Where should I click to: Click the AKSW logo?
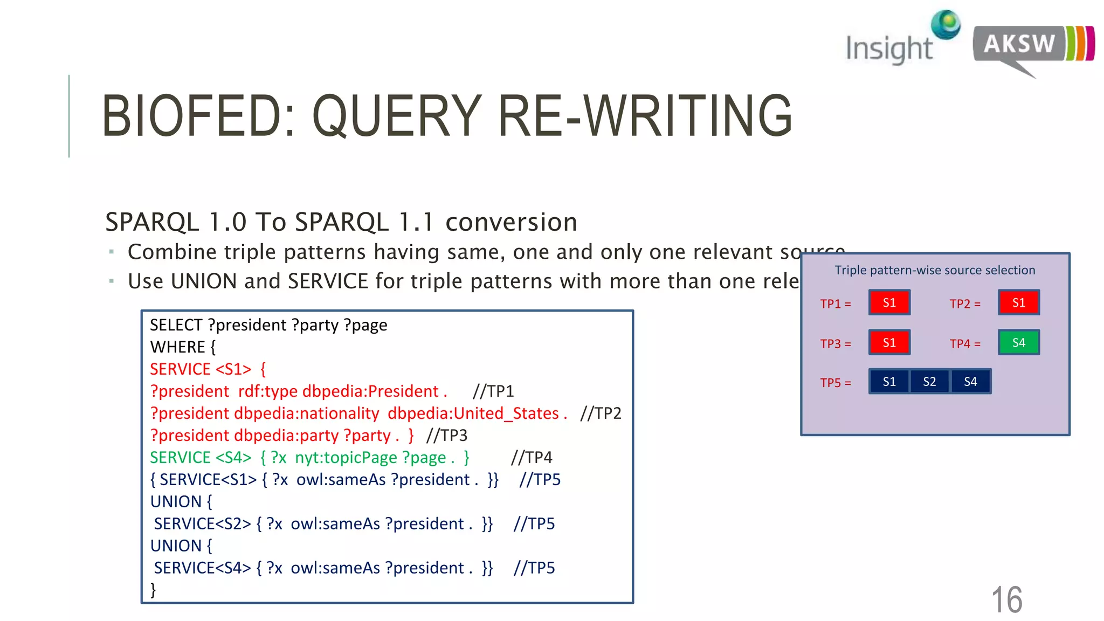(1032, 46)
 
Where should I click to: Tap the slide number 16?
(1006, 599)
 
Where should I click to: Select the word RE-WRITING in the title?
(645, 116)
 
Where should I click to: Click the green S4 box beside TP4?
(1018, 342)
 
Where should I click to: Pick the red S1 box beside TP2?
(1018, 302)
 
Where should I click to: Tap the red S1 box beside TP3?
(889, 342)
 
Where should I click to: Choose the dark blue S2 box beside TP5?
(929, 382)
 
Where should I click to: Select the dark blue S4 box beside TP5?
(970, 382)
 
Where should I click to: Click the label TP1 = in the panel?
(836, 304)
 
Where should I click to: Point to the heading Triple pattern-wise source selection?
(935, 270)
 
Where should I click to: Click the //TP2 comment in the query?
(601, 413)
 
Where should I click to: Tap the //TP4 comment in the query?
(532, 458)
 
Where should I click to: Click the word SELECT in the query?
(176, 325)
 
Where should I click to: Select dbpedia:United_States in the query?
(473, 413)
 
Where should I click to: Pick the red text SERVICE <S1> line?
(208, 369)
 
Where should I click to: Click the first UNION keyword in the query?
(176, 502)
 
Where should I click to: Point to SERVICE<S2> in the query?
(202, 524)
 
